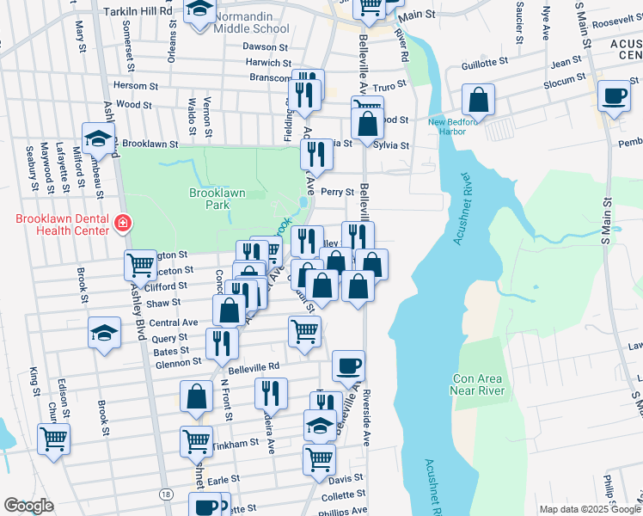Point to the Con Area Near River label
click(x=479, y=385)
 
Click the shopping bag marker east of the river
click(x=477, y=100)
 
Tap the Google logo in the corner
click(x=28, y=506)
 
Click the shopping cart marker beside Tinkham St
click(x=196, y=442)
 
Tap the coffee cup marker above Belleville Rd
click(x=348, y=366)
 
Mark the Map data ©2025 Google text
click(x=590, y=509)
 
